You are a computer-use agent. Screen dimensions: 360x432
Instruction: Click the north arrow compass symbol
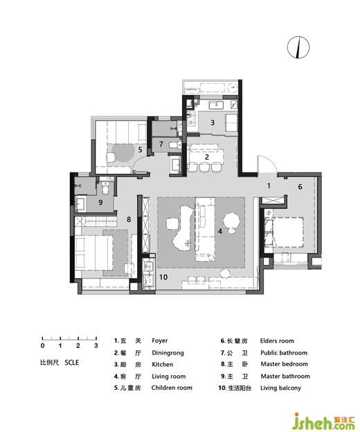coord(298,47)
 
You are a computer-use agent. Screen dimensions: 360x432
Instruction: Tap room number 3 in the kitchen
coord(213,123)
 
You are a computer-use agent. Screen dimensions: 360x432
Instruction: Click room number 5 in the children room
coord(141,150)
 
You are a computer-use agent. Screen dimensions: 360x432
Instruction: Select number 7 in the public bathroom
coord(161,144)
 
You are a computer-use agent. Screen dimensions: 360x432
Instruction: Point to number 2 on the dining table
coord(206,157)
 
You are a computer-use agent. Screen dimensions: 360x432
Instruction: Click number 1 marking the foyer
coord(269,186)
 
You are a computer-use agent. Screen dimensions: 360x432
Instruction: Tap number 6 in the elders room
coord(300,187)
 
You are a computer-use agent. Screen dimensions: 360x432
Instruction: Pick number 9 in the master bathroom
coord(100,202)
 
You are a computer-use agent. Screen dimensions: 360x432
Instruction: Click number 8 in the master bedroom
coord(129,219)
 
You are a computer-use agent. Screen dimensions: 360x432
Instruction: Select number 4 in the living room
coord(219,231)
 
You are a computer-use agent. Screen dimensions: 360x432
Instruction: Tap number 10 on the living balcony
coord(163,277)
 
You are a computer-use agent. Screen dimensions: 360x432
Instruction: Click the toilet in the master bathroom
coord(106,188)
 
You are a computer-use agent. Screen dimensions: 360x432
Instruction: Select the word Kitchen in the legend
coord(163,364)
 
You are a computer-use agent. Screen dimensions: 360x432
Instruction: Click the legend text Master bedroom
coord(285,364)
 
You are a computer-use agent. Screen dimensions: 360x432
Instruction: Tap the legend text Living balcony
coord(280,388)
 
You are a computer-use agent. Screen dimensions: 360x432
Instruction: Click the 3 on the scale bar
coord(96,345)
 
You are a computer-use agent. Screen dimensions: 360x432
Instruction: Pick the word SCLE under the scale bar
coord(72,363)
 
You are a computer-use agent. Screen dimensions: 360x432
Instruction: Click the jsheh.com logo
coord(324,421)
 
